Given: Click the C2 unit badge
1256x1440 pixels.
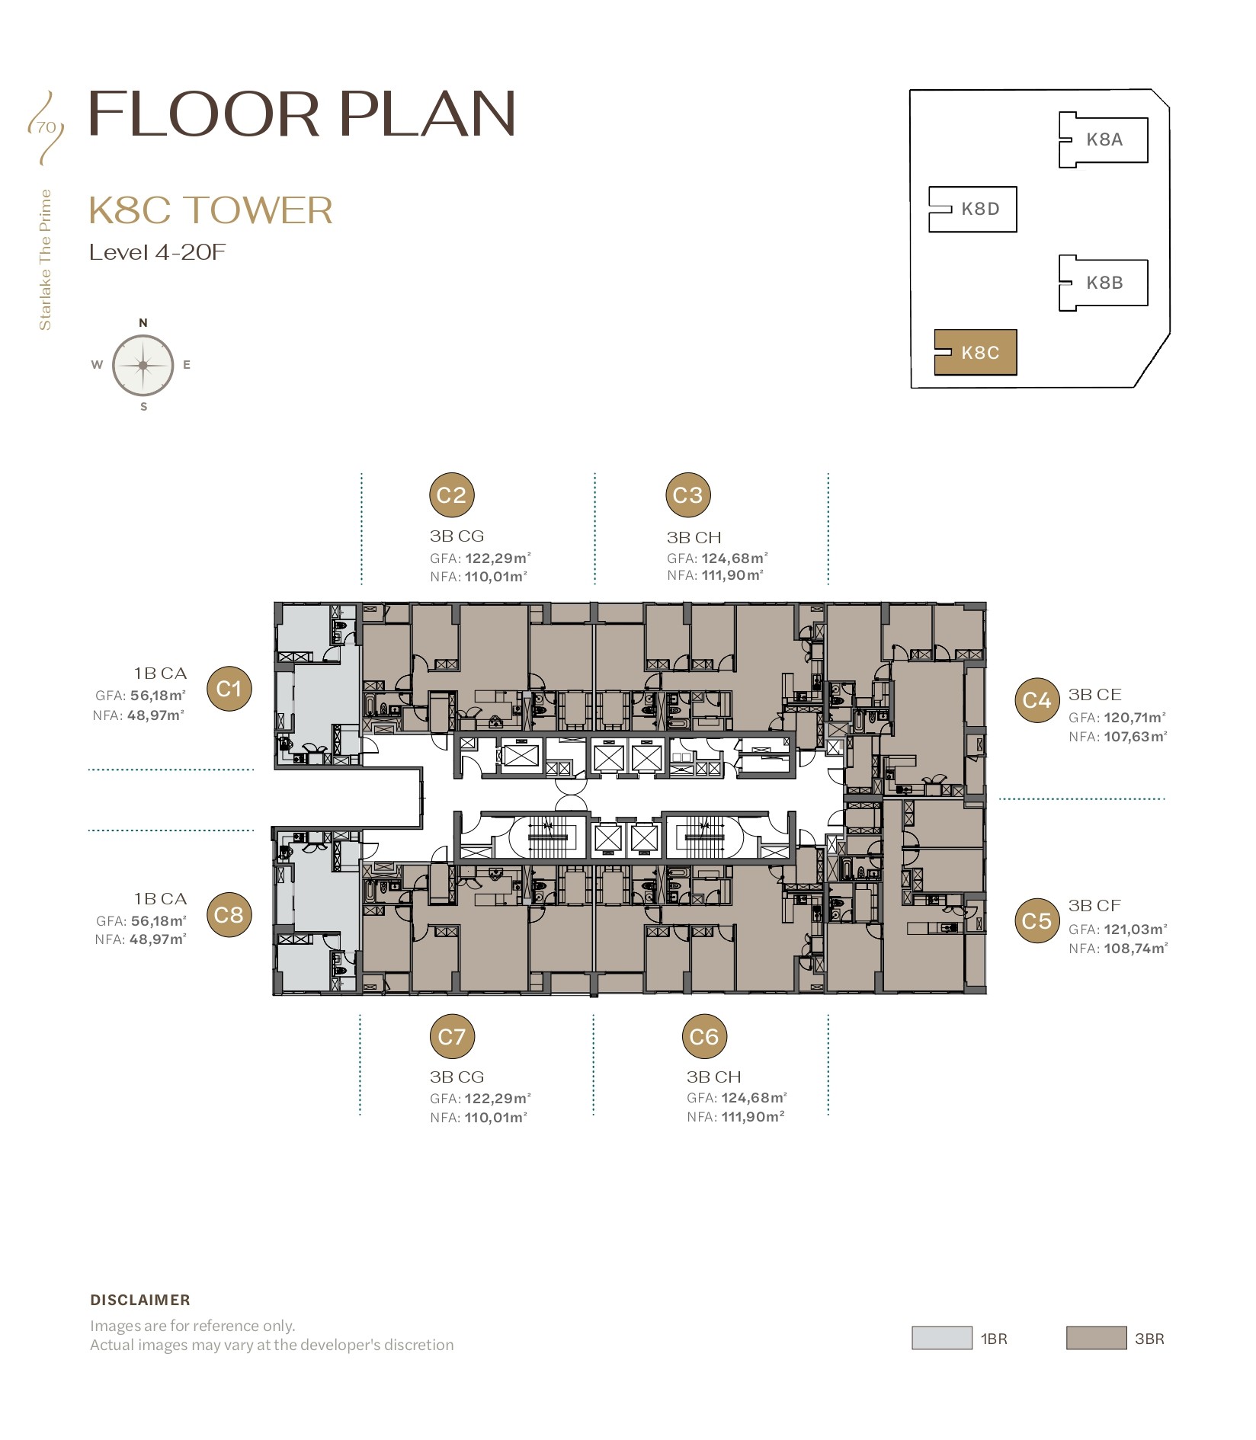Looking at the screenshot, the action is pos(452,495).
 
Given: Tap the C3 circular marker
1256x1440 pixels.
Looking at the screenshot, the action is pos(688,495).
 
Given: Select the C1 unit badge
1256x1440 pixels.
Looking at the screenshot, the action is pos(229,689).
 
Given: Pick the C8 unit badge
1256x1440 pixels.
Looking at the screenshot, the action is pos(229,914).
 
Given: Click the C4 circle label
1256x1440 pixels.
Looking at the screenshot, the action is pos(1037,700).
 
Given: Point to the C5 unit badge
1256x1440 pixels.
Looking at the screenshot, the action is pos(1037,920).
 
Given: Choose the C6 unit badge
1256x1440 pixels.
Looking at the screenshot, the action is pos(704,1036).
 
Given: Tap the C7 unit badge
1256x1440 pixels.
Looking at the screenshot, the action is pos(452,1036).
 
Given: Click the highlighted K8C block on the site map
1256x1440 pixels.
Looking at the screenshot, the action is pos(976,352).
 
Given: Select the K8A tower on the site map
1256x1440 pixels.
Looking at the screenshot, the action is pos(1104,139).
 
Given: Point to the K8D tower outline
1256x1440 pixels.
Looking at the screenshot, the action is pos(973,209).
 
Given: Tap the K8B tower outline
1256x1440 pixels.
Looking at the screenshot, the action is pos(1104,283).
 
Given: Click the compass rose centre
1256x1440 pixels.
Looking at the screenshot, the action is pos(143,366).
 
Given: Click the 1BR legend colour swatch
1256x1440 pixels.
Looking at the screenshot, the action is pos(942,1338).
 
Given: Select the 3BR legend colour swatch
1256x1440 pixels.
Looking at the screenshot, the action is pos(1096,1338).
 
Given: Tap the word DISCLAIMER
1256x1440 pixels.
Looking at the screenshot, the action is pos(140,1300).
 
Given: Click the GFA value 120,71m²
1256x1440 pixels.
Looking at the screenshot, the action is pos(1135,718).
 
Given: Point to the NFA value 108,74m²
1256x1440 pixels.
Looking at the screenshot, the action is pos(1136,949).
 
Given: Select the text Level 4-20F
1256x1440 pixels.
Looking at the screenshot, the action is pos(158,252).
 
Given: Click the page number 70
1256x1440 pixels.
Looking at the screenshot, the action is pos(46,127).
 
